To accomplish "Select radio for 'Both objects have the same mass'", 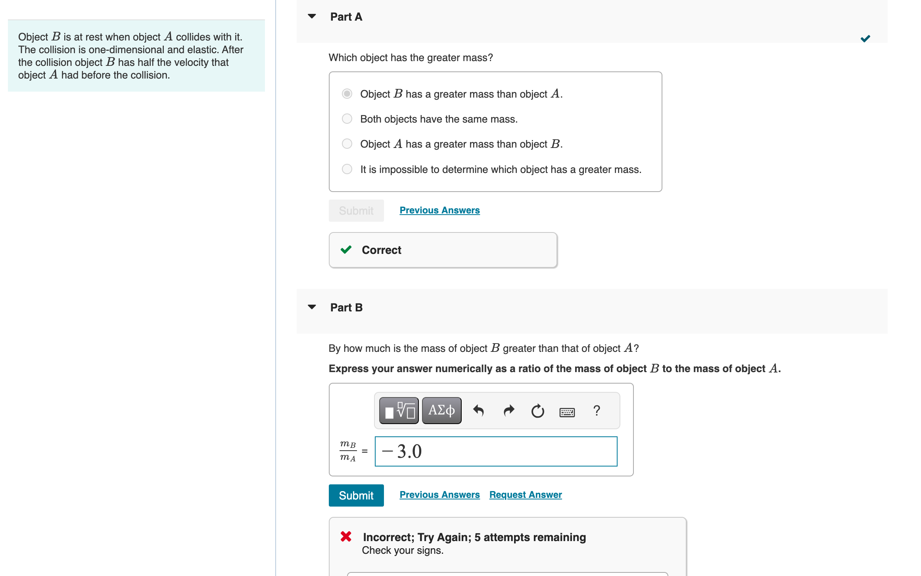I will (347, 119).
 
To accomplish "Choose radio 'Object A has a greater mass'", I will (347, 144).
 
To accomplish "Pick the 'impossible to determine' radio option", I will (347, 169).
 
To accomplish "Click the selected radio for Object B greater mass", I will (347, 94).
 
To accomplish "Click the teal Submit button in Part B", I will (356, 495).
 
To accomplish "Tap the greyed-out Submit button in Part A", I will (356, 211).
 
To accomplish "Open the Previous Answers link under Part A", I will (439, 210).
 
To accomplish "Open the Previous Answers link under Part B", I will (439, 495).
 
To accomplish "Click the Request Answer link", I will (526, 495).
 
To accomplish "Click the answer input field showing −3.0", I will (496, 451).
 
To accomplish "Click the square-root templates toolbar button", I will (399, 411).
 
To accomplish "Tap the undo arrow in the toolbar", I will (479, 411).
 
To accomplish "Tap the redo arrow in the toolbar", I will (509, 411).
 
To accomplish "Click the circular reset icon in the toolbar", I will (538, 411).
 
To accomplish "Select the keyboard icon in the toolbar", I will (567, 412).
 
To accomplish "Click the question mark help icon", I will (597, 411).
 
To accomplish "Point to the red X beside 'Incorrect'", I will (346, 537).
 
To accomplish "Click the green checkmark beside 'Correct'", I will (346, 250).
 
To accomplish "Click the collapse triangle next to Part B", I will (312, 307).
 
